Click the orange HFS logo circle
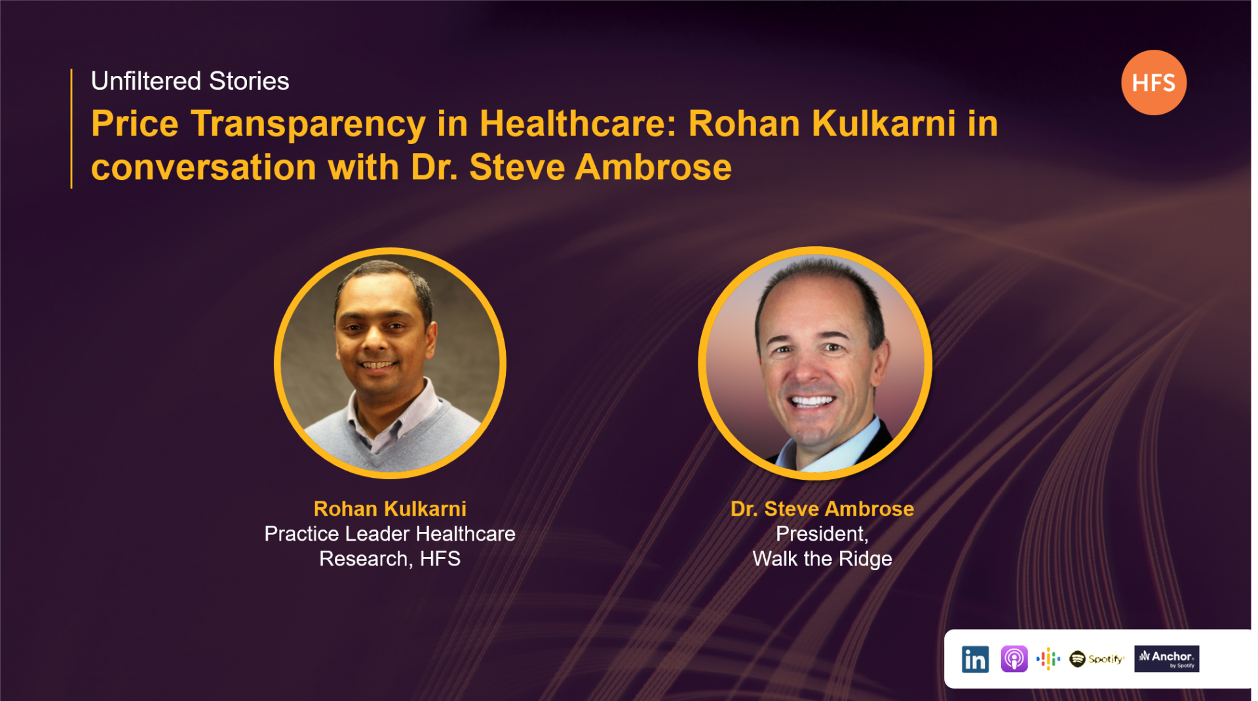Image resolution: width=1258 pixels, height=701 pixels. tap(1153, 82)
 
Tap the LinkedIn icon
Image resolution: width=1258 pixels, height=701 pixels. tap(975, 659)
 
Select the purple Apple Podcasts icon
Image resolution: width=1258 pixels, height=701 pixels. tap(1014, 658)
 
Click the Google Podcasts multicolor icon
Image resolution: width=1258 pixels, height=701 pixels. tap(1048, 659)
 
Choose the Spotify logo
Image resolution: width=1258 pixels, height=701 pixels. tap(1096, 659)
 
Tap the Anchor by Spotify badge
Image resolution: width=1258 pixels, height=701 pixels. tap(1166, 659)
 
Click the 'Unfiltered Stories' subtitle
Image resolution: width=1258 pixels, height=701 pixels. tap(190, 81)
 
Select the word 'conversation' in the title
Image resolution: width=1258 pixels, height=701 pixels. tap(204, 168)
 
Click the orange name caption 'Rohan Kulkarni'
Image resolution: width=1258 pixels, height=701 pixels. tap(390, 509)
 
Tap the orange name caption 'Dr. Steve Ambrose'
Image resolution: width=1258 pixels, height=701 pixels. tap(822, 509)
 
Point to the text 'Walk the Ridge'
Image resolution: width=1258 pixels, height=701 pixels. tap(822, 559)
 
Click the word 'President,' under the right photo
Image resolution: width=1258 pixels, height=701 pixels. tap(822, 534)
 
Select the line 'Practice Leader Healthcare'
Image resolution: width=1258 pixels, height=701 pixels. tap(390, 534)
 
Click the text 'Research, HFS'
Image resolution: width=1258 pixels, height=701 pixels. tap(390, 559)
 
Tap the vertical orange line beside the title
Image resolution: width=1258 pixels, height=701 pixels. tap(71, 128)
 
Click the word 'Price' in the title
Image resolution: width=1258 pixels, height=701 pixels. tap(135, 124)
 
